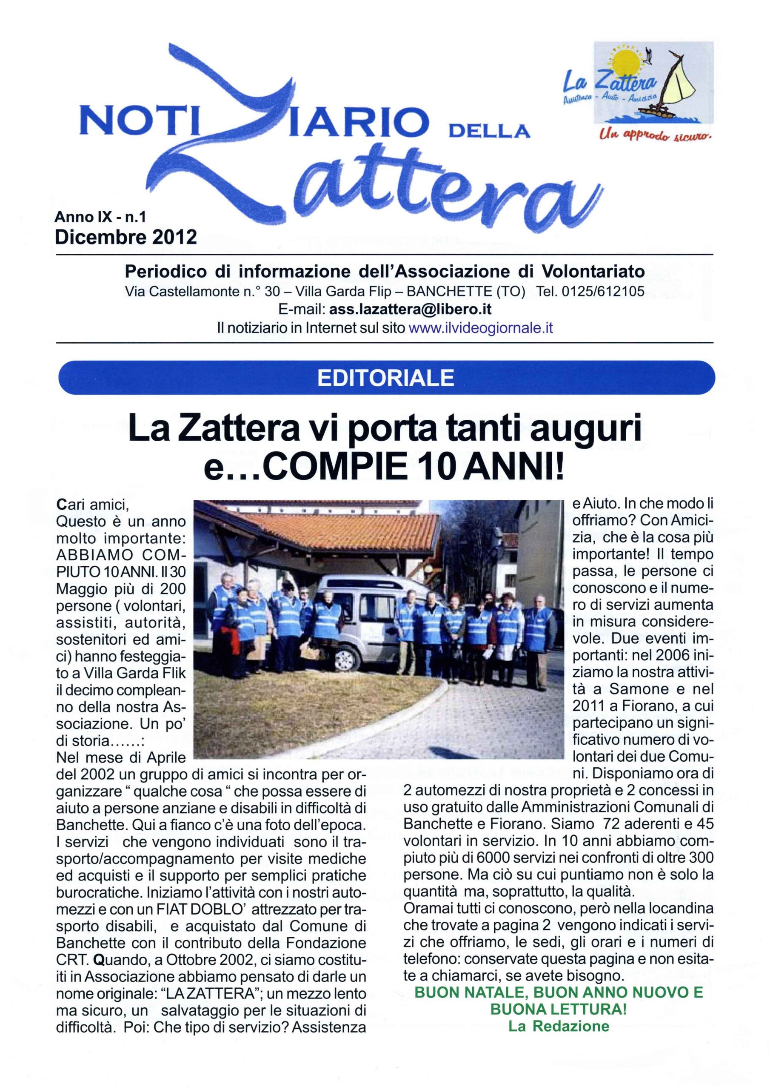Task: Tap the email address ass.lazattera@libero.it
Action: pos(410,310)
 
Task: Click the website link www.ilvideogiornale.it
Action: pos(480,328)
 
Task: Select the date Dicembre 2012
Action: pos(126,236)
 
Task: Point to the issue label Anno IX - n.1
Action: pos(100,217)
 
